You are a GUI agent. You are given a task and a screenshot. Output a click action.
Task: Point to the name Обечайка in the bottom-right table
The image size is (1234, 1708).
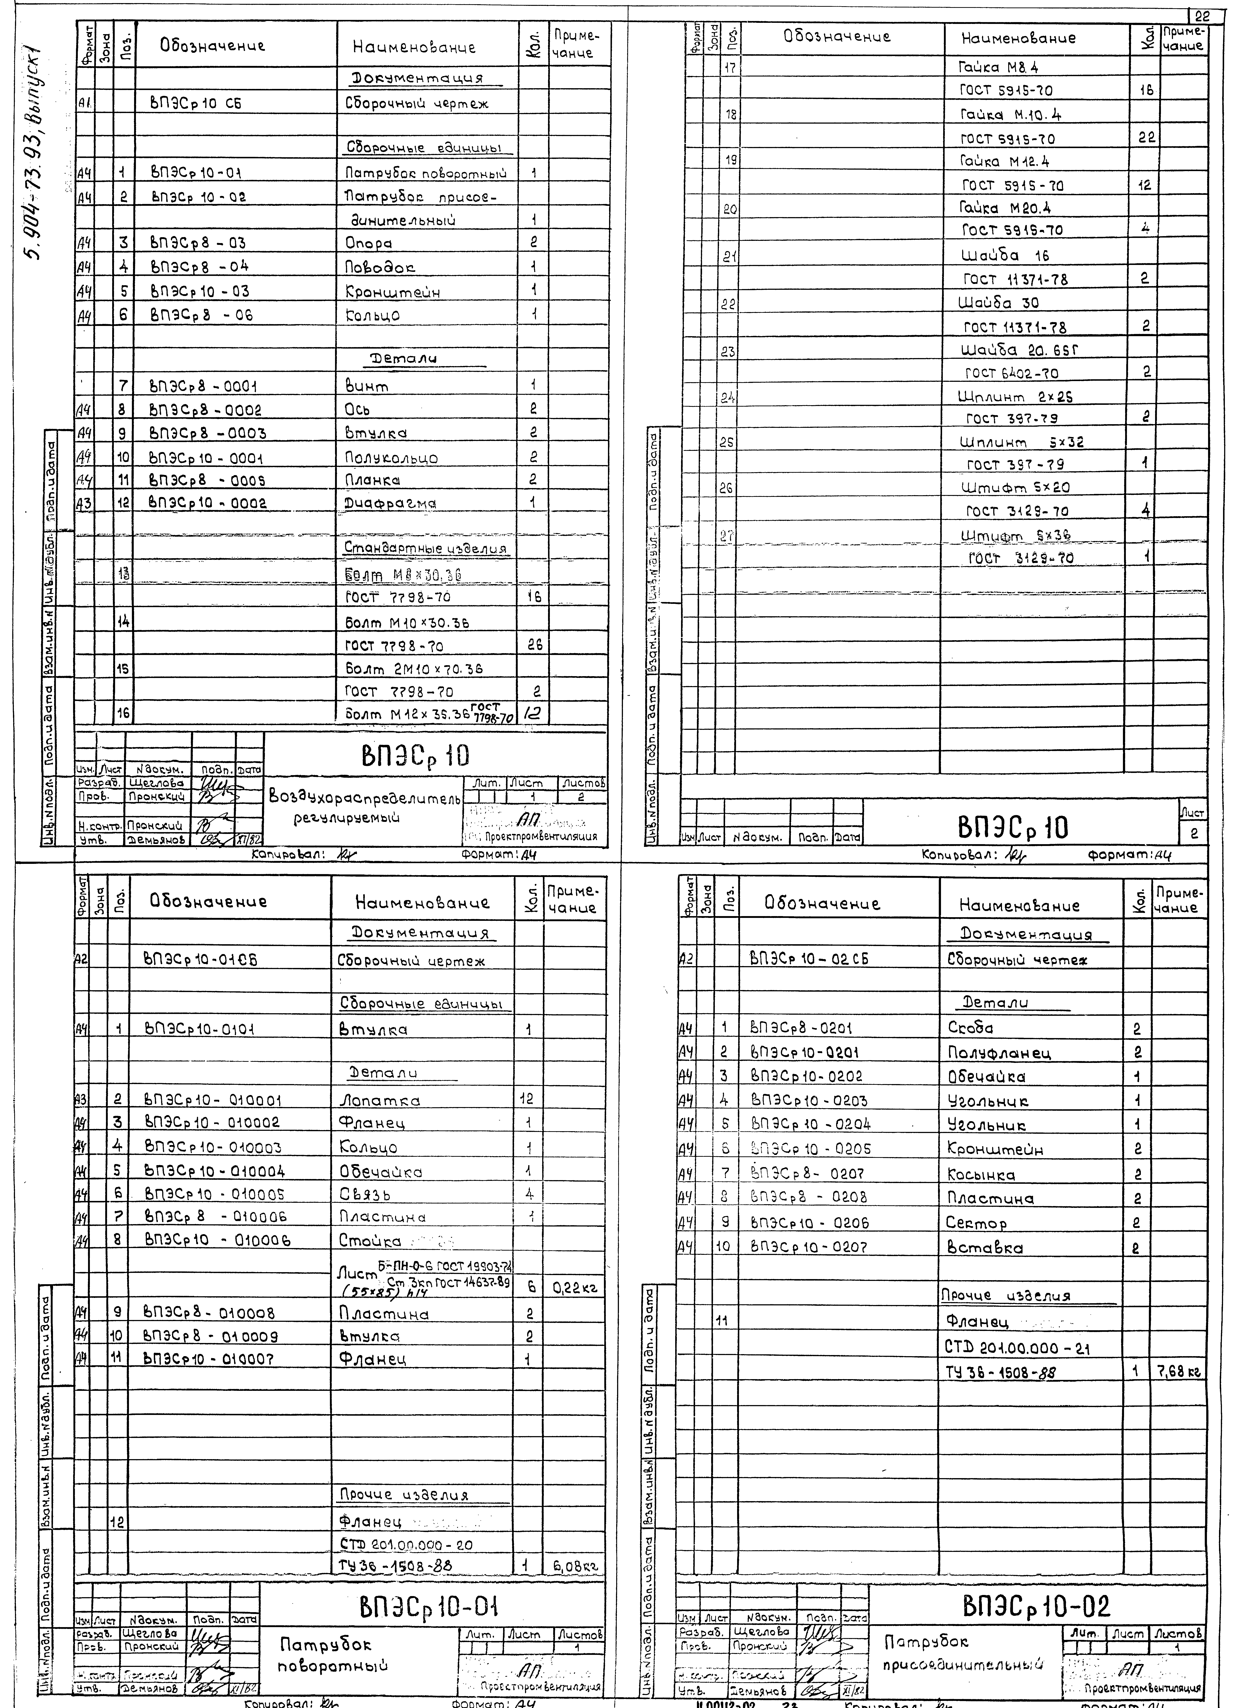click(986, 1077)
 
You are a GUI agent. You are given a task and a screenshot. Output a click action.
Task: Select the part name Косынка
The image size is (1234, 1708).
click(981, 1175)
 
